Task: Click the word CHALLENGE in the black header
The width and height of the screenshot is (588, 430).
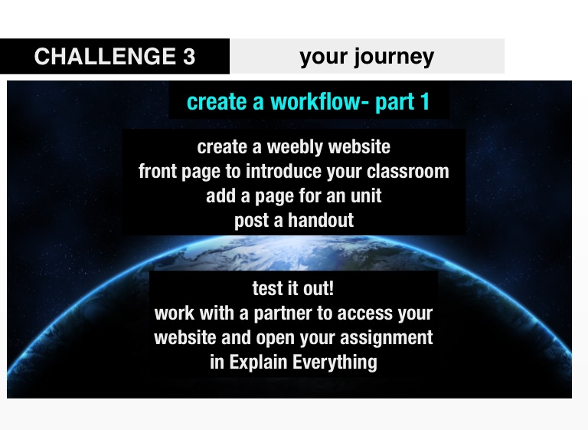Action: click(105, 56)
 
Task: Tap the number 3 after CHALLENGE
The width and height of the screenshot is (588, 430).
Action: click(189, 56)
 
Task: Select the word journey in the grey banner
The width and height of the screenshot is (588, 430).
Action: click(394, 57)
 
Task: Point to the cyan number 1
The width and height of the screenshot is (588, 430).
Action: click(425, 101)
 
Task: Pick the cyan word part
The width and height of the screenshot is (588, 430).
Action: click(394, 103)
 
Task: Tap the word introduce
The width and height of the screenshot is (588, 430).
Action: click(284, 171)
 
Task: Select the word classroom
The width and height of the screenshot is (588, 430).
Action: click(407, 171)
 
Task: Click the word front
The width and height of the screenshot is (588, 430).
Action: click(158, 171)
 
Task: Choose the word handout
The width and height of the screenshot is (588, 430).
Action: click(321, 220)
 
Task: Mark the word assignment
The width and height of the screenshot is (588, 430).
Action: click(386, 338)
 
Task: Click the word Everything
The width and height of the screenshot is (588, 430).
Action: click(335, 363)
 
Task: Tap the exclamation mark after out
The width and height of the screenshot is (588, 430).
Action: click(331, 288)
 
